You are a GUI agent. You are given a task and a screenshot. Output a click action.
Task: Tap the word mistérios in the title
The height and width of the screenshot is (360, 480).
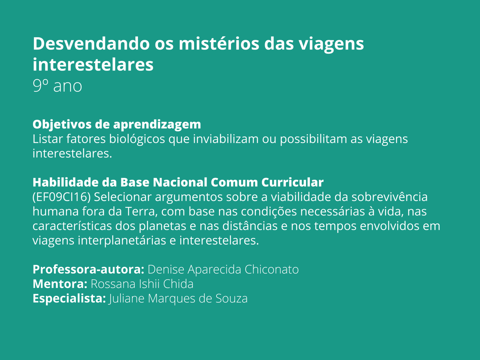tap(219, 43)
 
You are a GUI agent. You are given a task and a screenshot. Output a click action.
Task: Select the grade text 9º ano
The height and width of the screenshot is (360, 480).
tap(57, 85)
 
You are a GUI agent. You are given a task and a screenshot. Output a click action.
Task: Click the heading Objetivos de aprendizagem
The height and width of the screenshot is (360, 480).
tap(117, 124)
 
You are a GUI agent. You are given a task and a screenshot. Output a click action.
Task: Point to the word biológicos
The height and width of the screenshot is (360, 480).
tap(137, 139)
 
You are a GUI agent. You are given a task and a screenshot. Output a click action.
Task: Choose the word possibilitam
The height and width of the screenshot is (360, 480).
tap(313, 139)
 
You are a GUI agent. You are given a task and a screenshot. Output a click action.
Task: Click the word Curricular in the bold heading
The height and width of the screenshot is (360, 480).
tap(292, 182)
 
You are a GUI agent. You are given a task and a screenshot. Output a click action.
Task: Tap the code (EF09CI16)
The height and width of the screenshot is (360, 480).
tap(61, 197)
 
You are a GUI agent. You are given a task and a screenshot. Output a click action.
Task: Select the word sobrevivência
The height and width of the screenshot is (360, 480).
tap(390, 197)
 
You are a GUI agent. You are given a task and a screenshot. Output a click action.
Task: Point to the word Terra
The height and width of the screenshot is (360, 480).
tap(141, 211)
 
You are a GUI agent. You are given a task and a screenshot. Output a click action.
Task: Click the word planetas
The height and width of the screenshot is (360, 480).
tap(162, 226)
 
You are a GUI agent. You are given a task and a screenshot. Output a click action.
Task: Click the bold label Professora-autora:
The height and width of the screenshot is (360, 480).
tap(88, 269)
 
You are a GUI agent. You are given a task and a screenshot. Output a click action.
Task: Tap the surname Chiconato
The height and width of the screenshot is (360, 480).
tap(271, 269)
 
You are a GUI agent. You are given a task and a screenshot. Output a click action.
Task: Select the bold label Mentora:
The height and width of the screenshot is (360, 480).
tap(60, 284)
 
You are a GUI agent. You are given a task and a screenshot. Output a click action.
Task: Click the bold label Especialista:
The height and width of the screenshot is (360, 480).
tap(69, 298)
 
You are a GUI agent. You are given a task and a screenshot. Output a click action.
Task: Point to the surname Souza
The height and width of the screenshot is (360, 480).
tap(232, 298)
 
